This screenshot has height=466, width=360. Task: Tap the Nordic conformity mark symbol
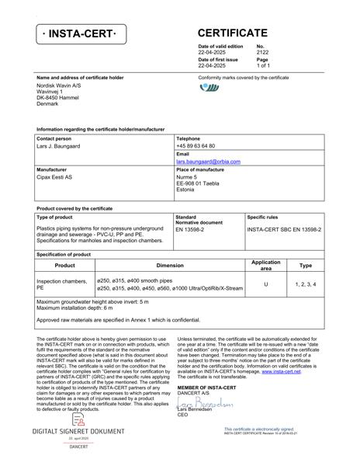(209, 88)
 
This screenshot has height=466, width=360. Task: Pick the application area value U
(266, 284)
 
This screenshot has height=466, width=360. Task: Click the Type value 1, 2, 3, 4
(306, 284)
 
